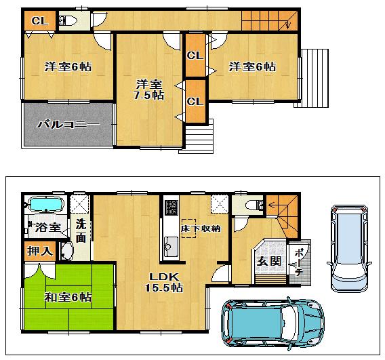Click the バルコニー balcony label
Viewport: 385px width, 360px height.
point(68,125)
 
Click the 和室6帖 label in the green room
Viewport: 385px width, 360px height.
point(68,297)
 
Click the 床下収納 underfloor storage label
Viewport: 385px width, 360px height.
point(201,228)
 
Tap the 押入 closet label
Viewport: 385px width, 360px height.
point(39,251)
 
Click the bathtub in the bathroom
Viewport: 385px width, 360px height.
point(45,204)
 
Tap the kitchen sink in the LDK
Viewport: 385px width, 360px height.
point(168,248)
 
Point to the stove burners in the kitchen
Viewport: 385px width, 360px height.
point(169,207)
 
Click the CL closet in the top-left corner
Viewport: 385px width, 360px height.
point(39,20)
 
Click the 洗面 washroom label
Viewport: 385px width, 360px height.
point(81,230)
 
